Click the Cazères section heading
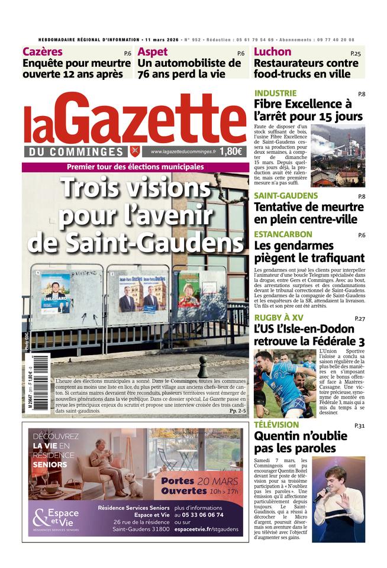point(43,52)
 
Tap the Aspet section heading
point(152,52)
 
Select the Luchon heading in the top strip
point(272,52)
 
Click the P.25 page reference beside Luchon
point(355,54)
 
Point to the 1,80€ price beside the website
point(231,151)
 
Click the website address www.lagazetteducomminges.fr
point(183,152)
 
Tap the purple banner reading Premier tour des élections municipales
point(135,167)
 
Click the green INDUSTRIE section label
point(275,93)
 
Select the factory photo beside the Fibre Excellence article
point(338,156)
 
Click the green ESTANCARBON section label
point(283,234)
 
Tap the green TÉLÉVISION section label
point(276,425)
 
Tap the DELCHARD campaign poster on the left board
point(56,293)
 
